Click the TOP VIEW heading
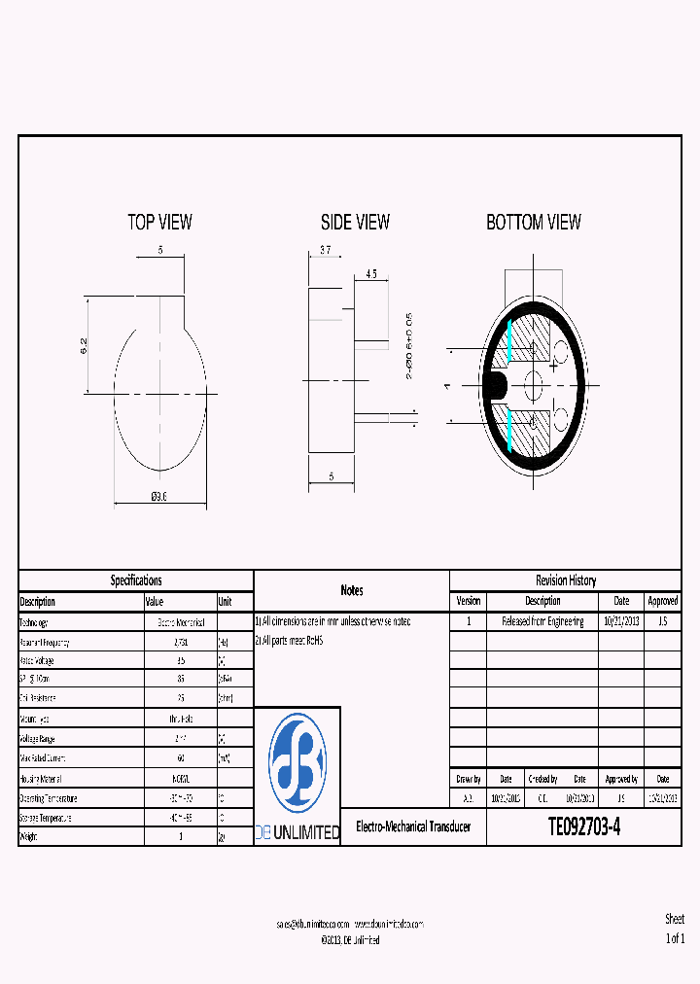point(159,223)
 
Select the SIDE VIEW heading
point(355,223)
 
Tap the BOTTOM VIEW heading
point(534,223)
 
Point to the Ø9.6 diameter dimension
point(159,496)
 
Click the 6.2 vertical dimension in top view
point(84,345)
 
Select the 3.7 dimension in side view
point(325,250)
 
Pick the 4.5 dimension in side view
point(371,274)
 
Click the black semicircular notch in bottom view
point(496,385)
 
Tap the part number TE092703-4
point(583,827)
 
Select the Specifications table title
point(136,580)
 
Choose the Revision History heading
point(566,580)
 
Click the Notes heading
point(352,590)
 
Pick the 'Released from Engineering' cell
point(542,621)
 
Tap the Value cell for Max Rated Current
point(180,757)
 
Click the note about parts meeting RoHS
point(289,641)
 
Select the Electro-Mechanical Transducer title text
point(413,826)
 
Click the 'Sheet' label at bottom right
point(675,919)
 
